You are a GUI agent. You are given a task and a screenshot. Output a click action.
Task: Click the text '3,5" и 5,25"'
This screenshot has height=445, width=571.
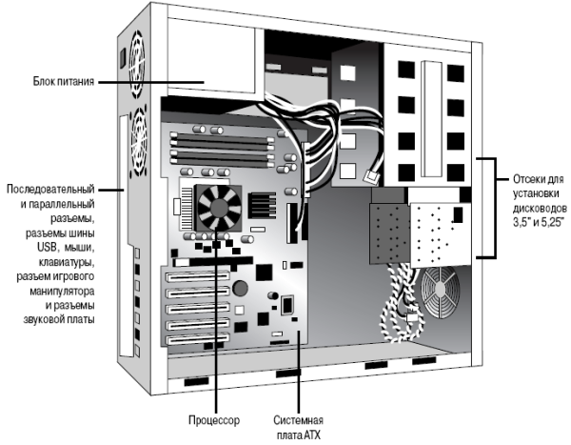click(x=537, y=221)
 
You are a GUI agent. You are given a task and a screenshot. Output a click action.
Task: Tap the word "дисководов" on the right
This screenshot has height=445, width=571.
click(x=540, y=207)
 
